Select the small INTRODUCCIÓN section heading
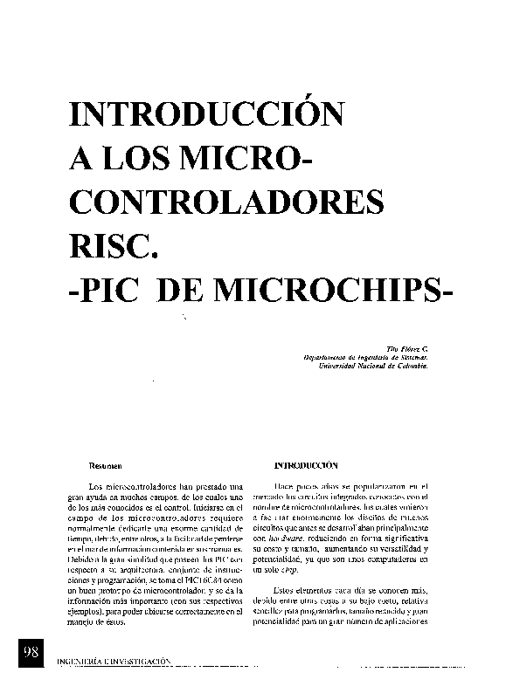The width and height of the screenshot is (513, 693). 306,466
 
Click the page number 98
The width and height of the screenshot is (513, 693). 31,653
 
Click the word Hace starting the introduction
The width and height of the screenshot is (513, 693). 283,485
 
